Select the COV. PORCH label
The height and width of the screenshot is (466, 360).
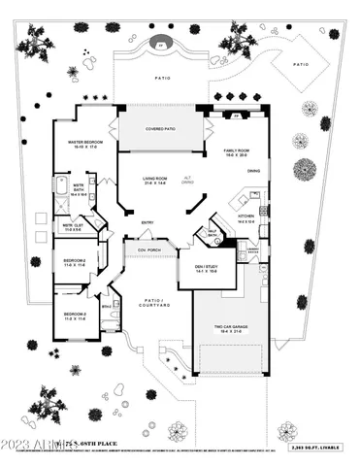pyautogui.click(x=148, y=250)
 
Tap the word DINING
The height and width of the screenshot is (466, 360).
pyautogui.click(x=253, y=173)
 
